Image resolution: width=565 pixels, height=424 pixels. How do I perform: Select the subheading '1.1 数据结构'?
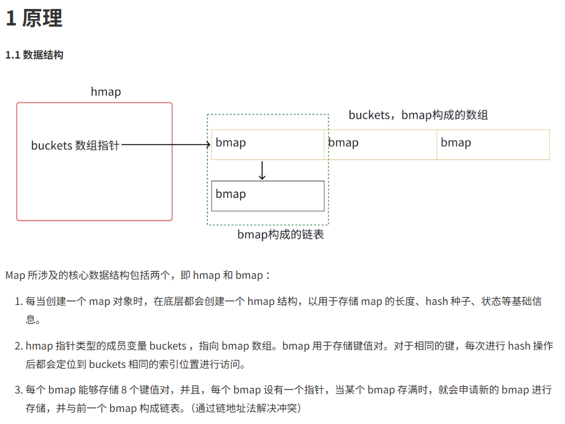34,55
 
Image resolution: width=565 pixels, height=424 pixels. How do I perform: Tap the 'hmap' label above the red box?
106,92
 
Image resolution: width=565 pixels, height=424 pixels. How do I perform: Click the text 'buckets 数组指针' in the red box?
75,146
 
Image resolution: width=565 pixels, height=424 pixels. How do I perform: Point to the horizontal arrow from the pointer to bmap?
165,145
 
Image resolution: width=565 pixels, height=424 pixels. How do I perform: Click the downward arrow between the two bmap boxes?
262,170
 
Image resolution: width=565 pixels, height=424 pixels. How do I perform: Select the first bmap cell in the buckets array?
268,144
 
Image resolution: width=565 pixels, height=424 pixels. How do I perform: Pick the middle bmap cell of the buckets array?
380,144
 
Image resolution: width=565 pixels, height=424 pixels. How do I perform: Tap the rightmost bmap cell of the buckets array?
493,144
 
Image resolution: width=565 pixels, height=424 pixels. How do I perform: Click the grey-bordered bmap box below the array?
268,195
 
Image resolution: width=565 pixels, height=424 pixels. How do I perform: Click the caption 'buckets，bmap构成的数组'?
418,115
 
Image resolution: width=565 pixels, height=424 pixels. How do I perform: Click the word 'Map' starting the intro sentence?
15,276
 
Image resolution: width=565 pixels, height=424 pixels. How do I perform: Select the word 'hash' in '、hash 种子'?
436,301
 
